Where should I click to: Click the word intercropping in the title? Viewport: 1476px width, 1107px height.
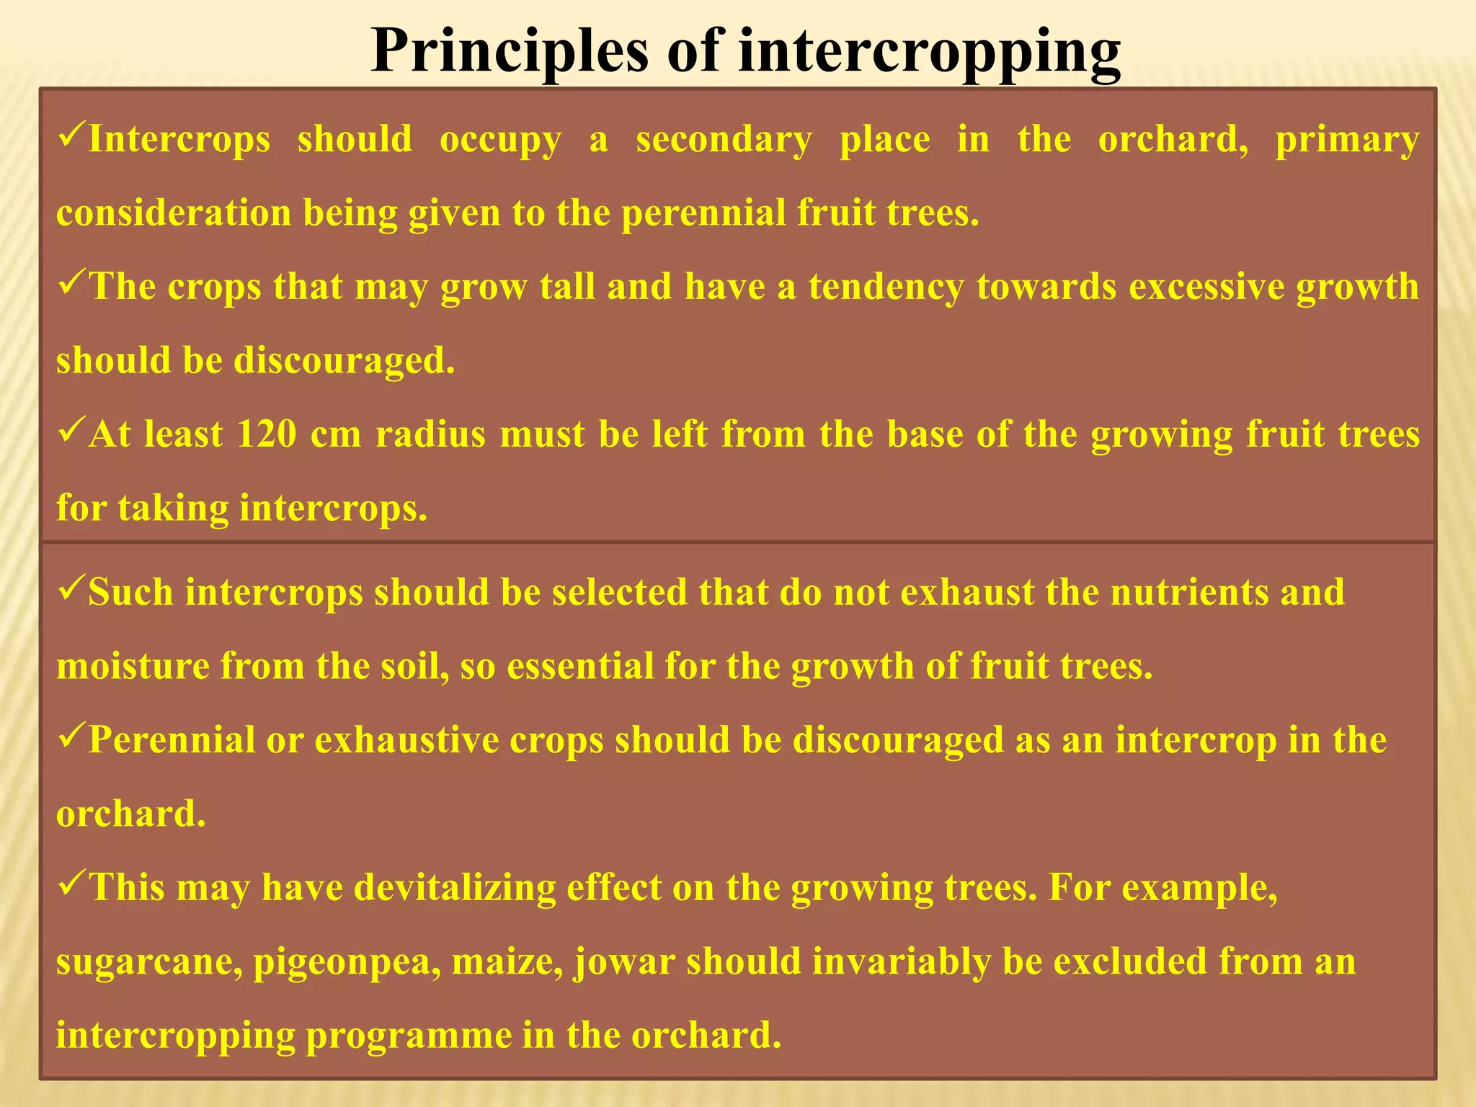[x=930, y=52]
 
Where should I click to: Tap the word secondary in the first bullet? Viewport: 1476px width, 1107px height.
[x=724, y=139]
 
